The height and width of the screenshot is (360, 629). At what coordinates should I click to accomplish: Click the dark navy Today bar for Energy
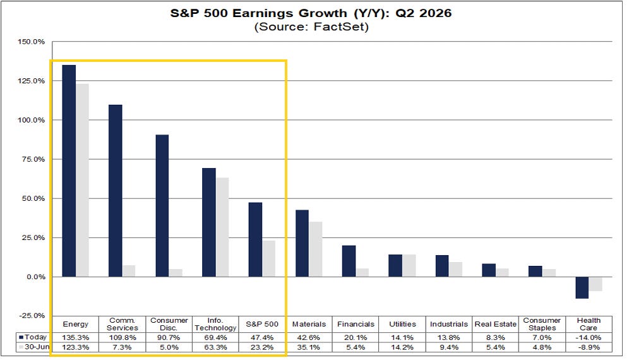pyautogui.click(x=69, y=171)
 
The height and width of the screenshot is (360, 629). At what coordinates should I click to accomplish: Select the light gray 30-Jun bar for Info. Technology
pyautogui.click(x=222, y=227)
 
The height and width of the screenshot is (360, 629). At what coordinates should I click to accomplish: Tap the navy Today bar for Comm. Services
pyautogui.click(x=116, y=191)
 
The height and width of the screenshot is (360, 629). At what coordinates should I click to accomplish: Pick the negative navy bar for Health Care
pyautogui.click(x=582, y=288)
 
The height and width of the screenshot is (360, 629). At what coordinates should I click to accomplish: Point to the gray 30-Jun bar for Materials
pyautogui.click(x=315, y=249)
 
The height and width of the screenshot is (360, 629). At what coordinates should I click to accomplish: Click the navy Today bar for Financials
pyautogui.click(x=349, y=261)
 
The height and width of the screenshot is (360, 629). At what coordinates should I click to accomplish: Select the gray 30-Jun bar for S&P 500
pyautogui.click(x=269, y=259)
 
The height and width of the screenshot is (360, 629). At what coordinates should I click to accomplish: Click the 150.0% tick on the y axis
pyautogui.click(x=32, y=42)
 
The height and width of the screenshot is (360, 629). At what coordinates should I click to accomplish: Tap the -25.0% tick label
pyautogui.click(x=32, y=316)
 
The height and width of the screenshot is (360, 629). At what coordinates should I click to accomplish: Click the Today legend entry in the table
pyautogui.click(x=33, y=337)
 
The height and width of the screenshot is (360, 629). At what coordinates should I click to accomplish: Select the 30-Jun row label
pyautogui.click(x=34, y=347)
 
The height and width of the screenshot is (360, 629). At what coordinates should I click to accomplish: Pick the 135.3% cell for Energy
pyautogui.click(x=75, y=337)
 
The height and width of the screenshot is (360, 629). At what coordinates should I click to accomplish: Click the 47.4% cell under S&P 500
pyautogui.click(x=262, y=337)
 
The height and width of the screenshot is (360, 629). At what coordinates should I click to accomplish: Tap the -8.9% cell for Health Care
pyautogui.click(x=589, y=347)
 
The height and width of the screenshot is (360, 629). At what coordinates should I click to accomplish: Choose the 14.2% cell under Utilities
pyautogui.click(x=402, y=347)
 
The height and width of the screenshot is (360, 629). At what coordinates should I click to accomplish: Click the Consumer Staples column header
pyautogui.click(x=542, y=324)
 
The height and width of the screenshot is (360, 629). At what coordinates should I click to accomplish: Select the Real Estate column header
pyautogui.click(x=495, y=324)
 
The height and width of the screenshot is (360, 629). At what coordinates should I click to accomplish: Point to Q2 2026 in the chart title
pyautogui.click(x=424, y=13)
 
